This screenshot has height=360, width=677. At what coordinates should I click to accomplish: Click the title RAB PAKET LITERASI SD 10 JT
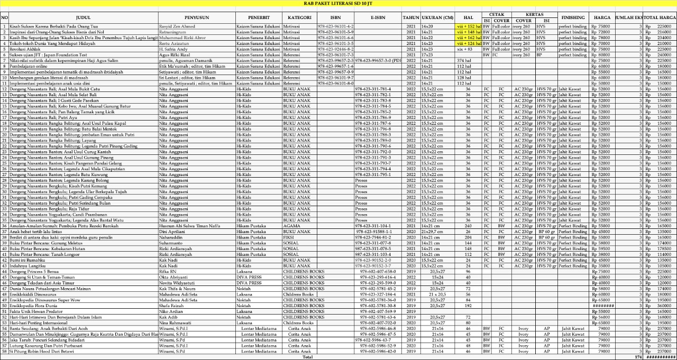click(338, 3)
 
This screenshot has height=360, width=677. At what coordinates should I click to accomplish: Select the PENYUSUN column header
click(197, 17)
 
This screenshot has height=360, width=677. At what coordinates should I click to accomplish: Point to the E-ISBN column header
click(378, 17)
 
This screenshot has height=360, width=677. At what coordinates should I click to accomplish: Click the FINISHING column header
click(573, 17)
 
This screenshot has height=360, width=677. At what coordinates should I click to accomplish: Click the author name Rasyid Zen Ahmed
click(177, 26)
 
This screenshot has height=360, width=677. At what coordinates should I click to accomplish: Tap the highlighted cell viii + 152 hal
click(469, 26)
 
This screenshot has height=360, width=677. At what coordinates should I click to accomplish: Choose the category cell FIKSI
click(290, 237)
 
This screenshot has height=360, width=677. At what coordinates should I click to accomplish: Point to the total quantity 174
click(638, 357)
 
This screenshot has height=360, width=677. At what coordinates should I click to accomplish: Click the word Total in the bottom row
click(307, 357)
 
